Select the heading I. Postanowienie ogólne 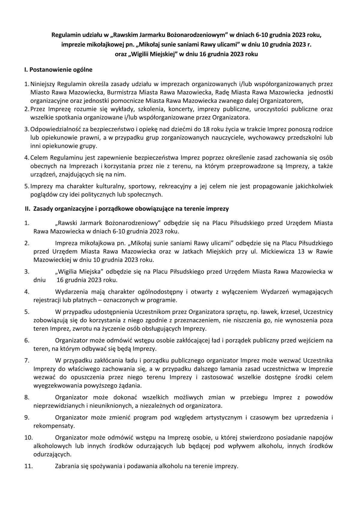pos(58,70)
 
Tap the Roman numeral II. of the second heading pos(28,209)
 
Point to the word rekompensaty pos(50,426)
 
